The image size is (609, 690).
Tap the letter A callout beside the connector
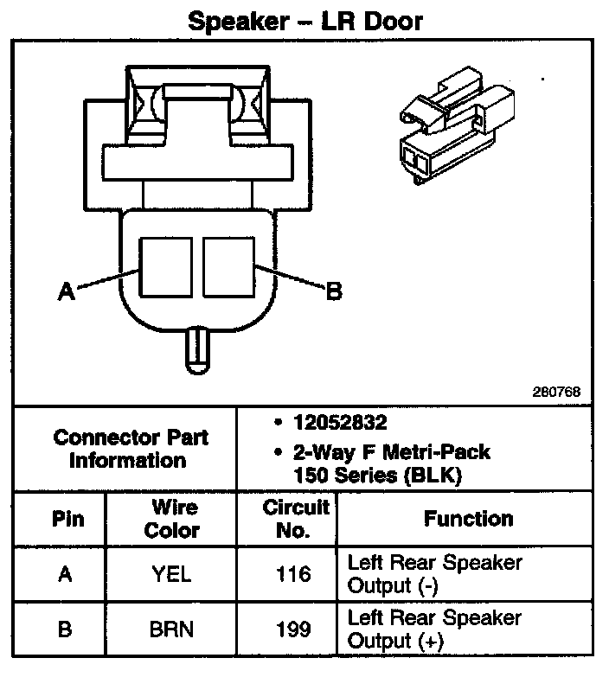tap(66, 293)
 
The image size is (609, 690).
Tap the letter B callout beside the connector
tap(333, 292)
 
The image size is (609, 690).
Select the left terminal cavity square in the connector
tap(167, 266)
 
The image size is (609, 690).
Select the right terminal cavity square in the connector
tap(229, 266)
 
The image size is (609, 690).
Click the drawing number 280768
tap(555, 392)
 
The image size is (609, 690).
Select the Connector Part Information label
tap(131, 448)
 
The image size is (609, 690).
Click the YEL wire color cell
tap(172, 573)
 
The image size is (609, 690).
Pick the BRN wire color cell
tap(172, 629)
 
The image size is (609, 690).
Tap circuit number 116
tap(293, 573)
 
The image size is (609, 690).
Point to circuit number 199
tap(293, 629)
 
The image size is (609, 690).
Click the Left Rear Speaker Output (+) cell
tap(434, 629)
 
